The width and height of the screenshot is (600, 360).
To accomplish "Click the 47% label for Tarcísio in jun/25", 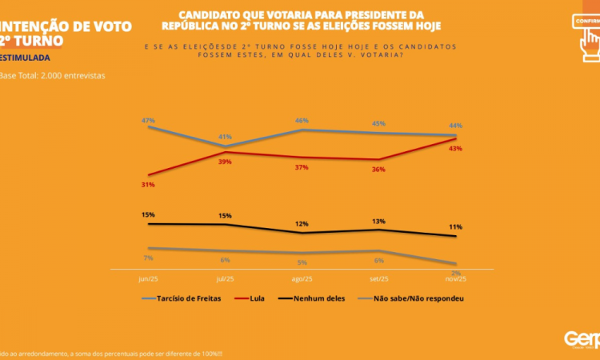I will click(148, 120).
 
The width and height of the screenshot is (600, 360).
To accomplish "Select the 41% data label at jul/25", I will click(226, 137).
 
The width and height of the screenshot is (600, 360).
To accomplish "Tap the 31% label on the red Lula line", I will click(148, 185).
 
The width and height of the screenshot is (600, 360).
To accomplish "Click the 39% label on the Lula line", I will click(226, 162).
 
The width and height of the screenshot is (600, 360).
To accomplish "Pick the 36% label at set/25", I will click(379, 170).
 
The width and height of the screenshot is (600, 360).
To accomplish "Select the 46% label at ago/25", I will click(302, 121).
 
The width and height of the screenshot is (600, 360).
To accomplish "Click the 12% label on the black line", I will click(302, 224).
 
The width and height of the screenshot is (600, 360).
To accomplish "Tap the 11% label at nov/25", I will click(456, 227).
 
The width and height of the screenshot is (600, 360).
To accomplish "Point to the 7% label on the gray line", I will click(148, 258).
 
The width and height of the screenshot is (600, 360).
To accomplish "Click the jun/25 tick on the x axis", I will click(148, 279).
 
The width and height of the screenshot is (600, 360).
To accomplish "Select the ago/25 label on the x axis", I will click(302, 279).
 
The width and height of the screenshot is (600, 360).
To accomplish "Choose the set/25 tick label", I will click(379, 279).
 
